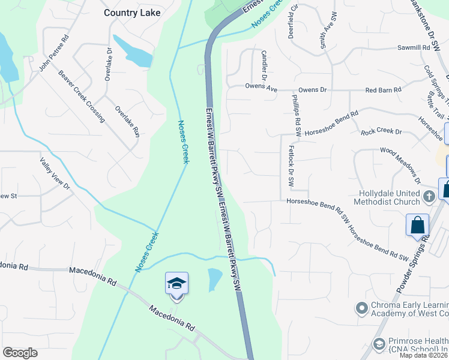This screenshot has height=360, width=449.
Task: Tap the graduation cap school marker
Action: click(x=176, y=284)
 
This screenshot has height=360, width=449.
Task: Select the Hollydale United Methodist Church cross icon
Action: click(x=429, y=196)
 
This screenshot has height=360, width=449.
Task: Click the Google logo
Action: click(x=20, y=353)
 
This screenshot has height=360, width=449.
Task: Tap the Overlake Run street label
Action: click(x=127, y=119)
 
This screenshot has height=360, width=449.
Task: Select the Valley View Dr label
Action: click(x=55, y=174)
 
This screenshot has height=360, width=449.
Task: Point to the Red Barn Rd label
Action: click(x=384, y=90)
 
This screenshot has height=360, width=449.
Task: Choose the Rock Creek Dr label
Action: click(x=381, y=131)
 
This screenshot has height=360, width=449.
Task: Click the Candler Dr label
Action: click(x=264, y=65)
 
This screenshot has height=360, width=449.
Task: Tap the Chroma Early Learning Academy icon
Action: click(x=361, y=308)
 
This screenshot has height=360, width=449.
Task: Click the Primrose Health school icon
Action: click(x=379, y=344)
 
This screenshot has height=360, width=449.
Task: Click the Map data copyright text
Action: click(x=424, y=355)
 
